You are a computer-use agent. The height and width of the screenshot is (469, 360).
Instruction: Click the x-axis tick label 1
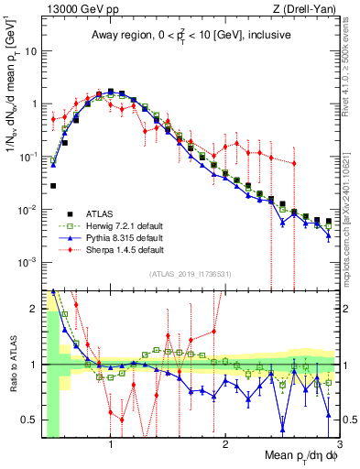(x=111, y=444)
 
